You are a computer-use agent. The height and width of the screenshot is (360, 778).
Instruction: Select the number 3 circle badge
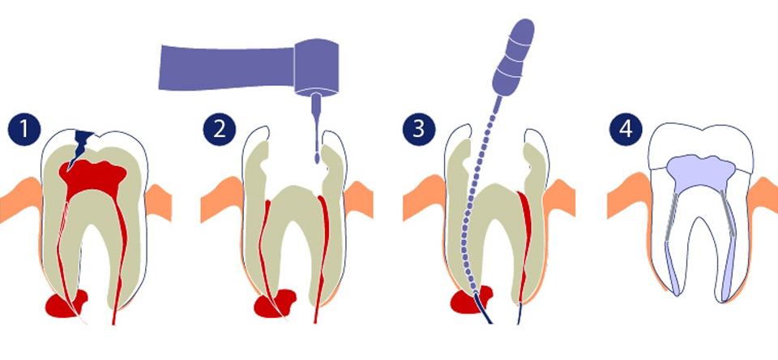pos(419,129)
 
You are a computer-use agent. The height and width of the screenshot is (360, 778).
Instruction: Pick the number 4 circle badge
pos(624,129)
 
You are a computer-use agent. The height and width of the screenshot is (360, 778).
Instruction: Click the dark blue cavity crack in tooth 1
pos(81,146)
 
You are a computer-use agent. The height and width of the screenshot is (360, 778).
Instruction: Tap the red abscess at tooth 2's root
pos(267,306)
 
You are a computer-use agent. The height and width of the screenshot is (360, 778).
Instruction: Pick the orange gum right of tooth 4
pos(764,199)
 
